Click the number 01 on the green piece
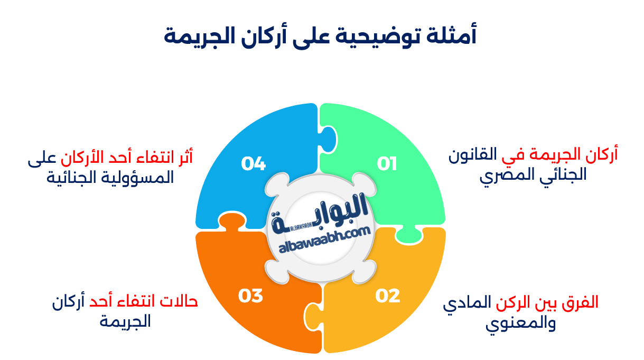[x=387, y=164]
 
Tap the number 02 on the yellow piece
[x=388, y=296]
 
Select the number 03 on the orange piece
[x=250, y=296]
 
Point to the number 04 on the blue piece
[x=253, y=164]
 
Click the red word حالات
[x=179, y=302]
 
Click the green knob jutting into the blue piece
[x=328, y=139]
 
